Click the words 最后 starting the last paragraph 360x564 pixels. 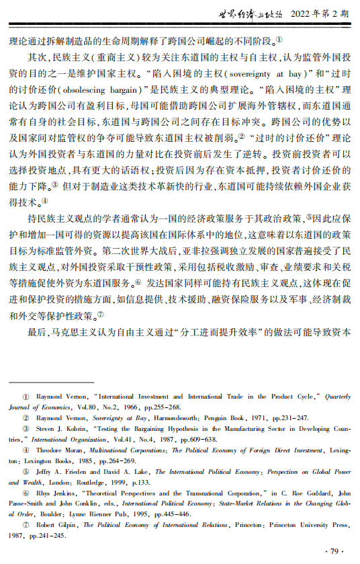38,332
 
